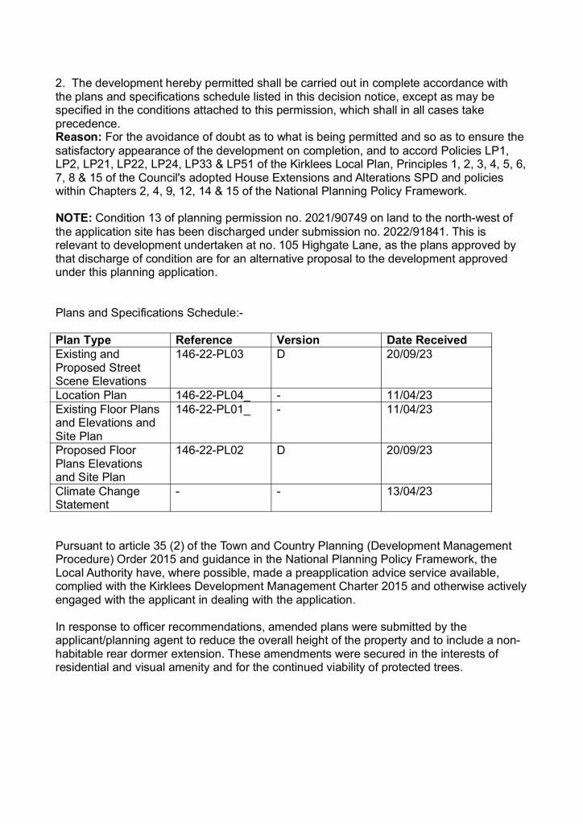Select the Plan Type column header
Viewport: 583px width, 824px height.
[82, 340]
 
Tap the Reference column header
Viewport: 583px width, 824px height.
[204, 340]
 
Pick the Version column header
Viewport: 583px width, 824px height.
[298, 340]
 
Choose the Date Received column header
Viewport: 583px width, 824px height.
[427, 340]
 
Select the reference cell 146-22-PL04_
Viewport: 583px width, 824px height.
[213, 395]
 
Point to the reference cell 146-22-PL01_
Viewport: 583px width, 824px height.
[213, 410]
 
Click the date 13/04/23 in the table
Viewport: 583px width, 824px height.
[410, 491]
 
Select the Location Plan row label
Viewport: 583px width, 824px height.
[92, 395]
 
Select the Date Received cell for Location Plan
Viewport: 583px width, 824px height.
[410, 395]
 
